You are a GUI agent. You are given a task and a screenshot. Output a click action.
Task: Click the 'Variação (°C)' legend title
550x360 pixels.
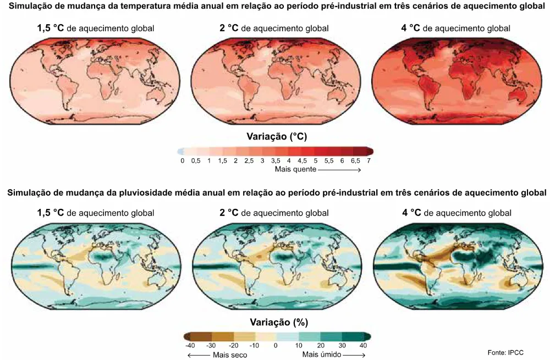[277, 136]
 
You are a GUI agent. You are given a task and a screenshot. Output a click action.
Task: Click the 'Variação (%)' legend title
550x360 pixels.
[279, 322]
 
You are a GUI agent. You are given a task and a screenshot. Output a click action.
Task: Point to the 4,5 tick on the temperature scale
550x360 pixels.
[302, 161]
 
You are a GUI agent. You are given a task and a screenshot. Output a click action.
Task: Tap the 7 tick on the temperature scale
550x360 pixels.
[369, 161]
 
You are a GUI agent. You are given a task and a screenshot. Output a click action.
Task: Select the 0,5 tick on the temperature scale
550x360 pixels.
[196, 161]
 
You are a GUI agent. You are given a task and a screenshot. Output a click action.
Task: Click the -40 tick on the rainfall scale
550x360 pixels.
[190, 345]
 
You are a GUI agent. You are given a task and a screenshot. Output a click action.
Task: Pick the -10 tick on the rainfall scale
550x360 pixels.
[254, 345]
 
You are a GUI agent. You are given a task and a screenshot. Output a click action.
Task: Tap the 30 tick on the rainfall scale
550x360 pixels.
[342, 345]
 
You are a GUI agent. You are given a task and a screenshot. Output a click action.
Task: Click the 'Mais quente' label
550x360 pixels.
[295, 170]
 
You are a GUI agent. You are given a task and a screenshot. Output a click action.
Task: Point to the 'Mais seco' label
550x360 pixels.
[230, 355]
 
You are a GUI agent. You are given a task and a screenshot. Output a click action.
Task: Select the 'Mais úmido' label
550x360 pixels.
[322, 355]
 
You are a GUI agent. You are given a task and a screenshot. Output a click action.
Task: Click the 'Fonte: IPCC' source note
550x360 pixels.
[505, 352]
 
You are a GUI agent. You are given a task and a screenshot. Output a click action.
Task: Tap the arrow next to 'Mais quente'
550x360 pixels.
[339, 170]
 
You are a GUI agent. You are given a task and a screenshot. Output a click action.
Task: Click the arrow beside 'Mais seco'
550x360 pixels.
[199, 355]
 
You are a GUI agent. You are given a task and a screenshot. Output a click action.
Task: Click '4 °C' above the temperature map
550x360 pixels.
[410, 28]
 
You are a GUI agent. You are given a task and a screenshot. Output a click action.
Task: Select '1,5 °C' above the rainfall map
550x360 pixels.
[51, 213]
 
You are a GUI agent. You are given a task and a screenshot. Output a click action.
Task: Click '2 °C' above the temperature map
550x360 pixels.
[229, 28]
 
